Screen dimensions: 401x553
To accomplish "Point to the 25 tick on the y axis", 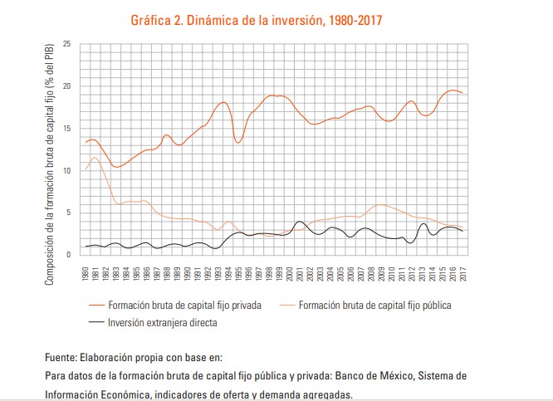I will [x=67, y=44].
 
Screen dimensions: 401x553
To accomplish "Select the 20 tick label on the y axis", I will [x=67, y=86].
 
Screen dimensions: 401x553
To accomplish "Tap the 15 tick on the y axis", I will [x=67, y=128].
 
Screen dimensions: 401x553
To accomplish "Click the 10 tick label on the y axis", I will [x=67, y=170].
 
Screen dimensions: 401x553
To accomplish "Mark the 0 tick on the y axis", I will [x=69, y=254].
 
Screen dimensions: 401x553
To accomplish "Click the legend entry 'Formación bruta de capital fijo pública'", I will [x=374, y=306].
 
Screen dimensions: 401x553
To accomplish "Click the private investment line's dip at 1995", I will [x=238, y=143].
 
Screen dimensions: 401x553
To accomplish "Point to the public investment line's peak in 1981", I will [x=95, y=158].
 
